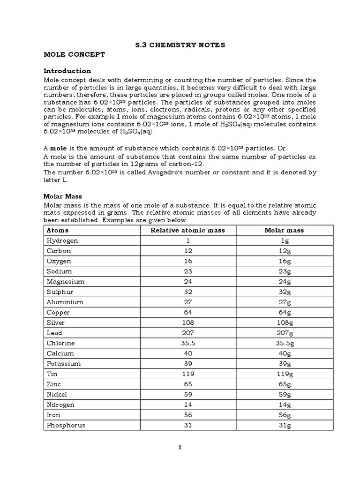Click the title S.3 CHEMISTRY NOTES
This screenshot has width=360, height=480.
180,45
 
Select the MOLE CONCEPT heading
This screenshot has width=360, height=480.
74,55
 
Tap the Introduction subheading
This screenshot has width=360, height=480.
67,71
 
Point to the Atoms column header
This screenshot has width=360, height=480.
57,230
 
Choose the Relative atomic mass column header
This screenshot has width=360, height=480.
187,230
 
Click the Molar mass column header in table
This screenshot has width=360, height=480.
284,230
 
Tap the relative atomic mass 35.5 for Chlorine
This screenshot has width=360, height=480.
187,343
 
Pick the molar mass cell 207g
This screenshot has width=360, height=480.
284,333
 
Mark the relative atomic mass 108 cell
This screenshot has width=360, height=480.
187,323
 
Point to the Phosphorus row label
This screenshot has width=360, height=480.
66,426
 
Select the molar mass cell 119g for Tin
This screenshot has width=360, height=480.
284,374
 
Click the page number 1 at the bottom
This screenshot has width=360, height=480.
180,447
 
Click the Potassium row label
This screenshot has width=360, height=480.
64,364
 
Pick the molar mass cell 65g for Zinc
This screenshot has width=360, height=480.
284,384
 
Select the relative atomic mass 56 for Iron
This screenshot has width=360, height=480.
187,415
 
